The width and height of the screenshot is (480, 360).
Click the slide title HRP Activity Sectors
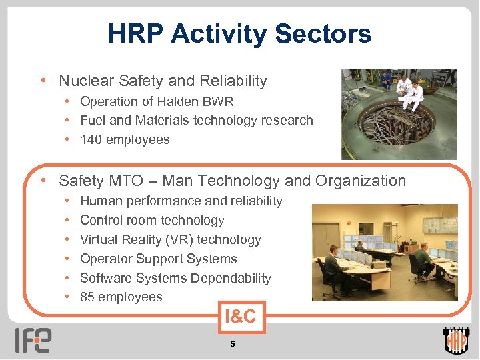point(239,33)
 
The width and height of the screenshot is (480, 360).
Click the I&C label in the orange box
point(240,316)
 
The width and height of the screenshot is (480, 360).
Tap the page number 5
point(232,344)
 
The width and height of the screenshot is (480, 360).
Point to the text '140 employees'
point(125,139)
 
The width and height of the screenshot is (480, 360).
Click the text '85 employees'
point(121,297)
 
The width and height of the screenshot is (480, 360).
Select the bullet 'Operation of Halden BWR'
point(157,101)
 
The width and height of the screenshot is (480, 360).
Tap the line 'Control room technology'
point(152,220)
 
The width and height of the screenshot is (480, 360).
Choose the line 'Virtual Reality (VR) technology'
point(170,239)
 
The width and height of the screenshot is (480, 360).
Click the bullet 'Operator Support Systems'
point(158,259)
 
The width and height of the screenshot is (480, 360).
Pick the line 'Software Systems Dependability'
point(175,278)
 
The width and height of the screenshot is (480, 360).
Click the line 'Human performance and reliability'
point(181,201)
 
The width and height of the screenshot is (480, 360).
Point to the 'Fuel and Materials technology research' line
point(196,120)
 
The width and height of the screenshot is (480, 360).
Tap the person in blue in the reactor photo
point(386,79)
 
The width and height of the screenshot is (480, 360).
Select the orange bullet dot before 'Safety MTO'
point(43,181)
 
